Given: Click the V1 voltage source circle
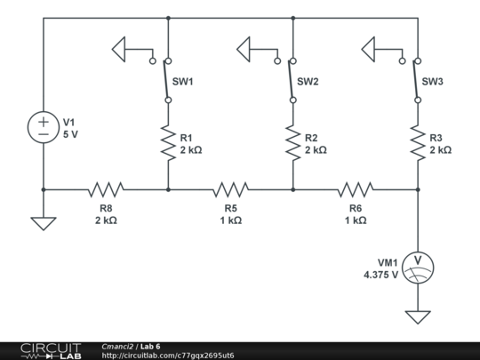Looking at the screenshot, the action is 44,127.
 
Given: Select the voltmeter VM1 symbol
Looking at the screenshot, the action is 418,268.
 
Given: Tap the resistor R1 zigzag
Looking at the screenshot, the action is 168,142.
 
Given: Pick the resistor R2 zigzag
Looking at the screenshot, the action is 293,142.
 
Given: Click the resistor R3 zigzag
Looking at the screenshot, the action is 418,142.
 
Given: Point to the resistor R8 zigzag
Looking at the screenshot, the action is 106,189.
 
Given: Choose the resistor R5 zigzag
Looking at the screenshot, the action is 231,189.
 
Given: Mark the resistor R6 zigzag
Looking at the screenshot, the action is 356,189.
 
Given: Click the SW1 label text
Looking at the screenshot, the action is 183,82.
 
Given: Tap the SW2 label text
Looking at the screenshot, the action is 308,82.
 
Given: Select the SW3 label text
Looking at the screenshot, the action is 433,82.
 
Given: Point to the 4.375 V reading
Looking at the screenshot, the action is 380,275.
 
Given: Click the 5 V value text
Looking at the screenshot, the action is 70,134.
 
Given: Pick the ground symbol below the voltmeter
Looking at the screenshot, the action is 418,317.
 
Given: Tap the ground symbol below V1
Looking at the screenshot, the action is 44,224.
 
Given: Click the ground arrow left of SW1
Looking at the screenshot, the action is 119,49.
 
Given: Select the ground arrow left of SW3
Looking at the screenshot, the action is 368,49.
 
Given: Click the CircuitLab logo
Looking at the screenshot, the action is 51,351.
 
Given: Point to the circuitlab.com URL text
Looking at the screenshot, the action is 168,356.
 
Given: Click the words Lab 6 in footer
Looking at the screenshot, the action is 150,347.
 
